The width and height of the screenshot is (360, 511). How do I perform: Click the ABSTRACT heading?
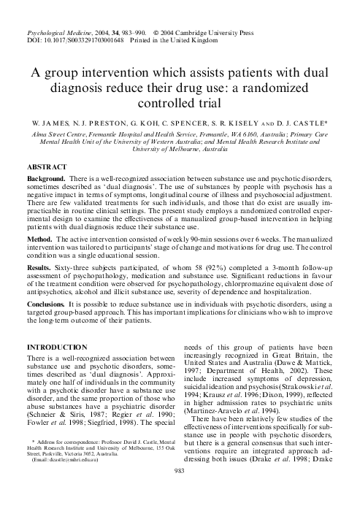coord(47,167)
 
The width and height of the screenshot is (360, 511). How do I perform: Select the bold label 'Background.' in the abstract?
coord(46,179)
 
